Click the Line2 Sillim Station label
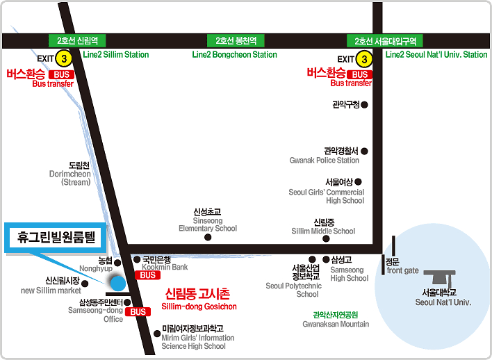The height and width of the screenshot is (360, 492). (116, 55)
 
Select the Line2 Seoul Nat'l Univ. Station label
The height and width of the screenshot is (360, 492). (436, 55)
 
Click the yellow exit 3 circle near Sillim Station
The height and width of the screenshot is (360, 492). (64, 59)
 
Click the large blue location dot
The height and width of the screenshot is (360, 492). (117, 283)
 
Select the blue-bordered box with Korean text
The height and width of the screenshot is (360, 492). (54, 236)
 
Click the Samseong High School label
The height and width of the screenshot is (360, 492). (349, 274)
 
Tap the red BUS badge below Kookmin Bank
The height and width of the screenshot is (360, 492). (149, 275)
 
